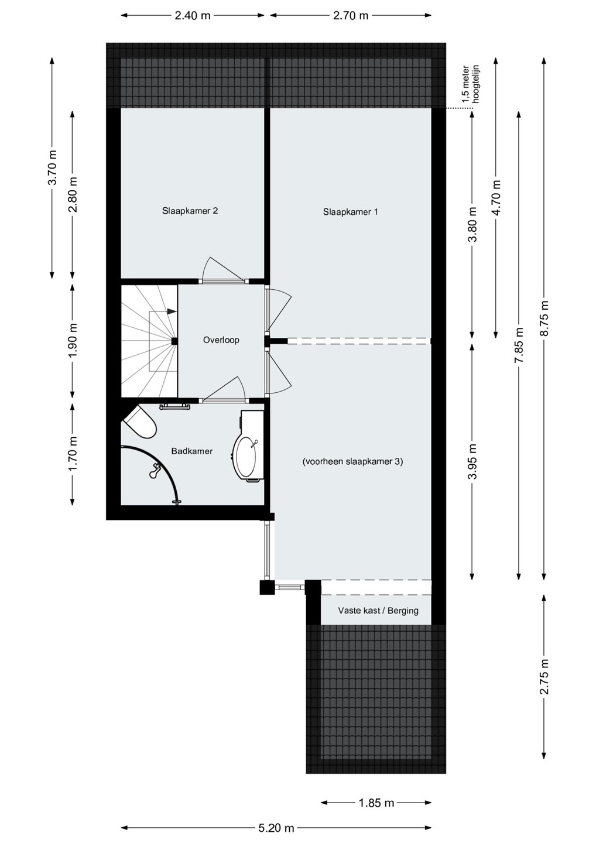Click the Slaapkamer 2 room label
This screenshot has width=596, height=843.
click(190, 211)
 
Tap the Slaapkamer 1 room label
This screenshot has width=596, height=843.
click(350, 212)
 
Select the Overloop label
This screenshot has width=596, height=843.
click(221, 340)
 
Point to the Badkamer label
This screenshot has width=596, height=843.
click(192, 451)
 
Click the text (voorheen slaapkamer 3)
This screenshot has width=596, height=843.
click(352, 462)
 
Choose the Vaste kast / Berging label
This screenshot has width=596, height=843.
click(378, 611)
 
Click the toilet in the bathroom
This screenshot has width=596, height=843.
click(140, 422)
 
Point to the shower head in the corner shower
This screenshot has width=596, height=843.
click(154, 471)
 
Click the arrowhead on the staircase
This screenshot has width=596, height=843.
click(172, 311)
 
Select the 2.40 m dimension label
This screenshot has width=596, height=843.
click(192, 15)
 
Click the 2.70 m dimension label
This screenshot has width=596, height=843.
click(350, 15)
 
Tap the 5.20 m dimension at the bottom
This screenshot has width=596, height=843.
click(276, 828)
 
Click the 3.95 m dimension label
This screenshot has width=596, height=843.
click(473, 461)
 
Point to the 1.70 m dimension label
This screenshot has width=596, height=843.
click(73, 453)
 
